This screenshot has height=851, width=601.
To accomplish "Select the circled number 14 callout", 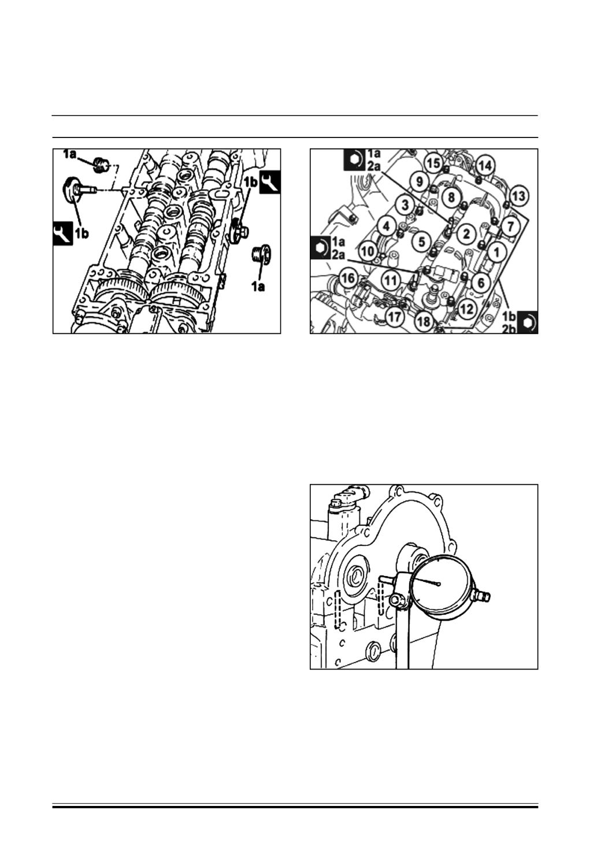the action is pos(484,166).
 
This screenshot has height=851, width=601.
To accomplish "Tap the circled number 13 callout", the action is pos(518,196).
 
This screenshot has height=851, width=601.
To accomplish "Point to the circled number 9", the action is pos(419,181).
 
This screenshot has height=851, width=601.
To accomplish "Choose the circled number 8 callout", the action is pos(451,197).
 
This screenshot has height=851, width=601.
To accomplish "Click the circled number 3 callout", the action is pos(405,205).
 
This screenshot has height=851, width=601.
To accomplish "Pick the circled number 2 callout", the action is pos(466,233).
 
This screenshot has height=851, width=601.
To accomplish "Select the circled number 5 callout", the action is pos(421,241).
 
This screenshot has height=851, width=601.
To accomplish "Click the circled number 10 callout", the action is pos(368,251).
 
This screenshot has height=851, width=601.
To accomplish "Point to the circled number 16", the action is pos(348,279).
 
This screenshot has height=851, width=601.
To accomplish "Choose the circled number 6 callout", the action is pos(481,283).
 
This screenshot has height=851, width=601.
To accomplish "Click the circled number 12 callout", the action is pos(467,309).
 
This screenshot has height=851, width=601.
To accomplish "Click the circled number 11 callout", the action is pos(391,281).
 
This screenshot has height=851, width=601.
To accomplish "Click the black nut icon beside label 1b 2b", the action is pos(528,322).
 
